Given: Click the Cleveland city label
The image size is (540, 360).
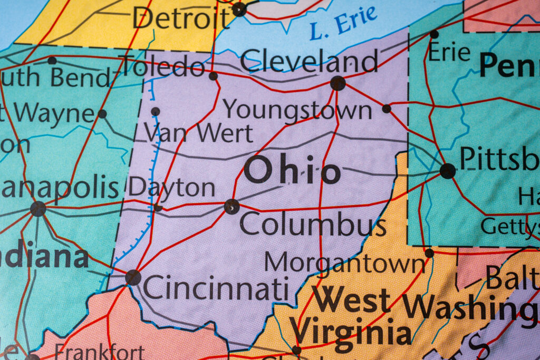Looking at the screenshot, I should [x=310, y=61].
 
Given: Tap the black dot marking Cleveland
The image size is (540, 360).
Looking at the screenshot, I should [x=337, y=83].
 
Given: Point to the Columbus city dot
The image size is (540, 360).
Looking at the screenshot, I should [x=232, y=207].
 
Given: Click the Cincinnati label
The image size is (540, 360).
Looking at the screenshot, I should [x=216, y=289].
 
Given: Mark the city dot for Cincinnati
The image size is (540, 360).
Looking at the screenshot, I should [x=133, y=277].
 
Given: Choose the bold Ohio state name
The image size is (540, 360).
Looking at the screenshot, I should [x=292, y=172].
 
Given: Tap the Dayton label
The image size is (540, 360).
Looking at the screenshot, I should [x=172, y=188].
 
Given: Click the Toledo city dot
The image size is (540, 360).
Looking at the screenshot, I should [x=213, y=76].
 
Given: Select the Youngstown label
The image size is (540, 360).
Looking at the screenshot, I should [x=297, y=110].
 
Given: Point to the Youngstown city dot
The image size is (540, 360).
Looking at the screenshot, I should [x=387, y=109].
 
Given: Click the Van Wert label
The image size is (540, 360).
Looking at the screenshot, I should [x=199, y=133].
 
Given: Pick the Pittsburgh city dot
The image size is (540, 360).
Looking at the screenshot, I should [x=447, y=171].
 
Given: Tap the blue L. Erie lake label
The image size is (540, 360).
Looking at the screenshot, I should [x=343, y=23].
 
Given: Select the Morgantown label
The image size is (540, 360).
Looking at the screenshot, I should [x=344, y=262].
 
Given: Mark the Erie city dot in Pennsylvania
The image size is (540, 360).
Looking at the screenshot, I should [x=434, y=34].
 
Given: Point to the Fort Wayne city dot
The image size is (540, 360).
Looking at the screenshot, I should [x=102, y=114].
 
